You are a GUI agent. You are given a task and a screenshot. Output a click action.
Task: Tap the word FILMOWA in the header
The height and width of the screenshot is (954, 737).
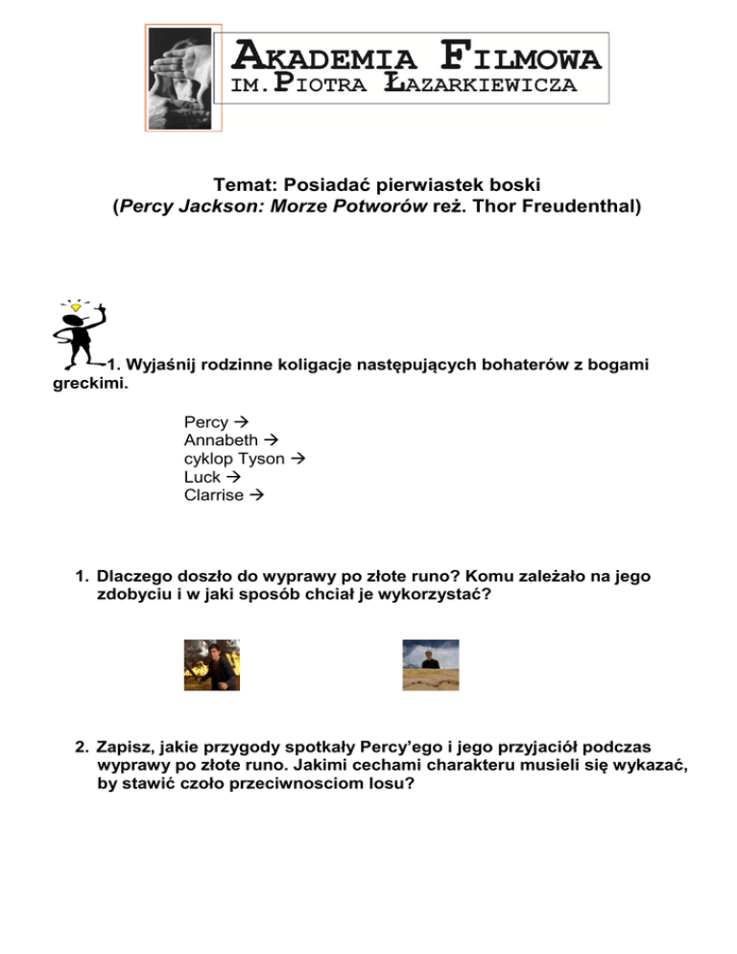pyautogui.click(x=525, y=55)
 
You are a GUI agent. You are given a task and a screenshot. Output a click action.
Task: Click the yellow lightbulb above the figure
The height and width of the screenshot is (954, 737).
pyautogui.click(x=90, y=306)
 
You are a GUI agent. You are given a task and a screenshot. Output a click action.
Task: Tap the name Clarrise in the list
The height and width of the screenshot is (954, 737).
pyautogui.click(x=214, y=495)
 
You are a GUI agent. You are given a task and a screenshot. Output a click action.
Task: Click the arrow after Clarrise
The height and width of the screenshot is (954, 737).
pyautogui.click(x=255, y=495)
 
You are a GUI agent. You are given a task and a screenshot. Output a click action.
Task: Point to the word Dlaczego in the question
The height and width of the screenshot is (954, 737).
pyautogui.click(x=134, y=576)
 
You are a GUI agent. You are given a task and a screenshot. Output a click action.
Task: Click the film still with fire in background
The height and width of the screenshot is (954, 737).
pyautogui.click(x=212, y=665)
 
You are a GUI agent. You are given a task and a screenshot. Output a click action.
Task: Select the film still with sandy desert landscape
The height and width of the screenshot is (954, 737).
pyautogui.click(x=431, y=665)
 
